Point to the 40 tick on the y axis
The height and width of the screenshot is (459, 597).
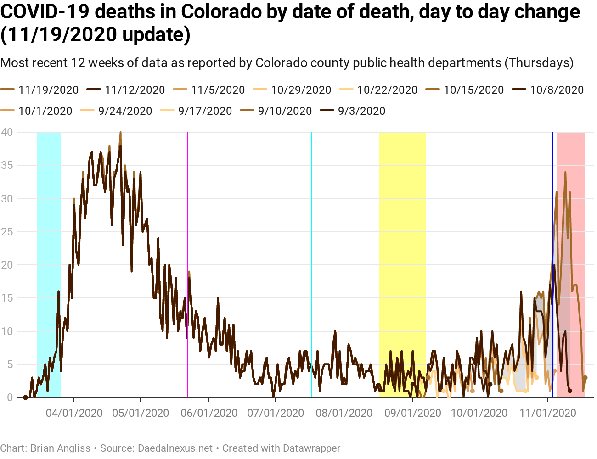click(x=7, y=132)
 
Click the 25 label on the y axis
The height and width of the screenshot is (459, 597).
click(x=7, y=232)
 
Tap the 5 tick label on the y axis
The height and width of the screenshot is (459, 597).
click(x=10, y=364)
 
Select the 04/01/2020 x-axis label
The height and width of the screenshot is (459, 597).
click(x=74, y=413)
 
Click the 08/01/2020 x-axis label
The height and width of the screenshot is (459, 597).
click(x=344, y=413)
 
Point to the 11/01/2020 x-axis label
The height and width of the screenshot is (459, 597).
click(x=547, y=413)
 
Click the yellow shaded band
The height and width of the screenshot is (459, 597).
click(x=402, y=229)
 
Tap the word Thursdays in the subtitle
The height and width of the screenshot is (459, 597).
click(x=539, y=62)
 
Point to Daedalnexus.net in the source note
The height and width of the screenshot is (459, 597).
click(x=175, y=448)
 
